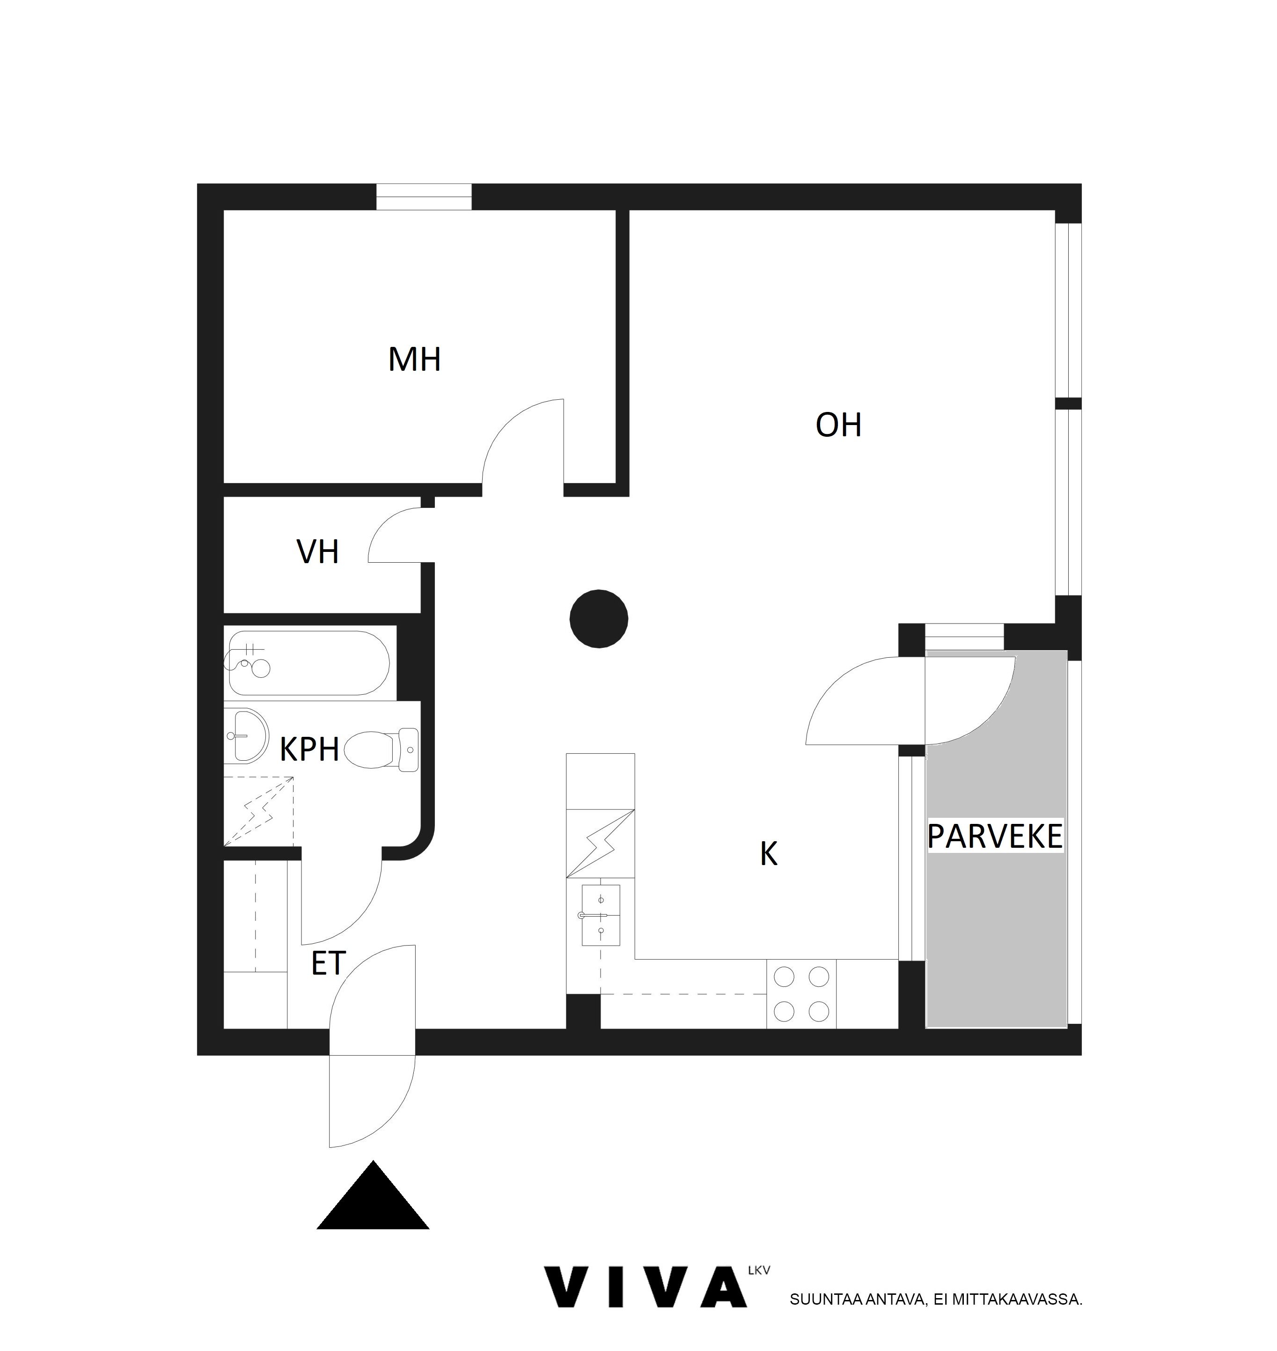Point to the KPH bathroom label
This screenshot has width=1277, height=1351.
310,749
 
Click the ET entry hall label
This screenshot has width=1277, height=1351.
329,964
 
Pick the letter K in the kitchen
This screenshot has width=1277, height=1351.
769,853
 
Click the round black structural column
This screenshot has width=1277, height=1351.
599,619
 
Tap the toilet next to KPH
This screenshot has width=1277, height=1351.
382,750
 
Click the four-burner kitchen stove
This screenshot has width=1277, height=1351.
801,994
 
